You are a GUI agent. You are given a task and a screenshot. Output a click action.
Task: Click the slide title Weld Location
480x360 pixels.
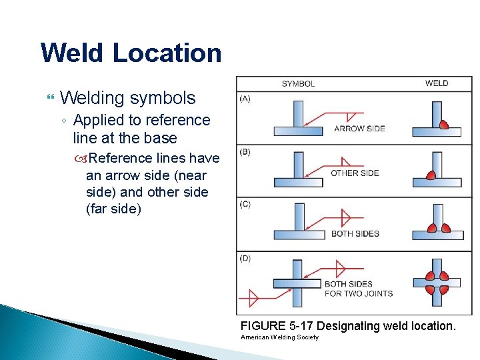(x=131, y=53)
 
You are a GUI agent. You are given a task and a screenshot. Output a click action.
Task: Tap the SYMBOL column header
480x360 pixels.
(x=298, y=84)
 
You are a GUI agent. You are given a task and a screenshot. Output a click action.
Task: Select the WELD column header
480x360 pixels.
(x=437, y=83)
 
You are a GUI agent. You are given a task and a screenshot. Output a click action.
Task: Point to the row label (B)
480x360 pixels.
(x=246, y=152)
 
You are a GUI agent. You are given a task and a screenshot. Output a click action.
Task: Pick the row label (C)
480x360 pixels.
(x=246, y=204)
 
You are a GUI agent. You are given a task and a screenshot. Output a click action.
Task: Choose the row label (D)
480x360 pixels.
(x=246, y=259)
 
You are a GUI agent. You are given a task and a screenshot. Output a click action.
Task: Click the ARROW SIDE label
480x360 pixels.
(x=359, y=129)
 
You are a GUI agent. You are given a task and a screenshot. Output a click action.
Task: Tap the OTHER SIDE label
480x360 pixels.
(x=355, y=173)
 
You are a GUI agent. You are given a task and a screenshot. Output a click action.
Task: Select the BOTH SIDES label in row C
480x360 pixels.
(x=355, y=234)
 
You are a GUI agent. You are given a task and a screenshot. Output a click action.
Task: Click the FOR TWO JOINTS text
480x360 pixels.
(x=358, y=293)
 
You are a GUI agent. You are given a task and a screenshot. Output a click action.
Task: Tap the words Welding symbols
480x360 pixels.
(x=127, y=98)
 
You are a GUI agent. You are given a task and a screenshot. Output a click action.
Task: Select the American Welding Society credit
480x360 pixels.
(x=279, y=337)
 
